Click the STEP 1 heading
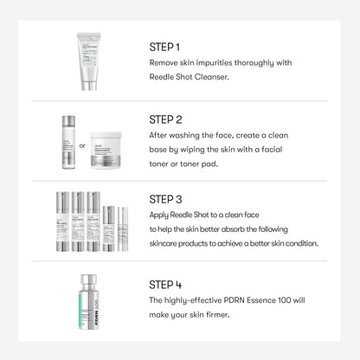point(165,47)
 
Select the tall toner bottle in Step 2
point(68,142)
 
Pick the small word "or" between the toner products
point(83,145)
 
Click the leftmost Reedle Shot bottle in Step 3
point(62,222)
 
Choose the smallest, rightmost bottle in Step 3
point(123,229)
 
